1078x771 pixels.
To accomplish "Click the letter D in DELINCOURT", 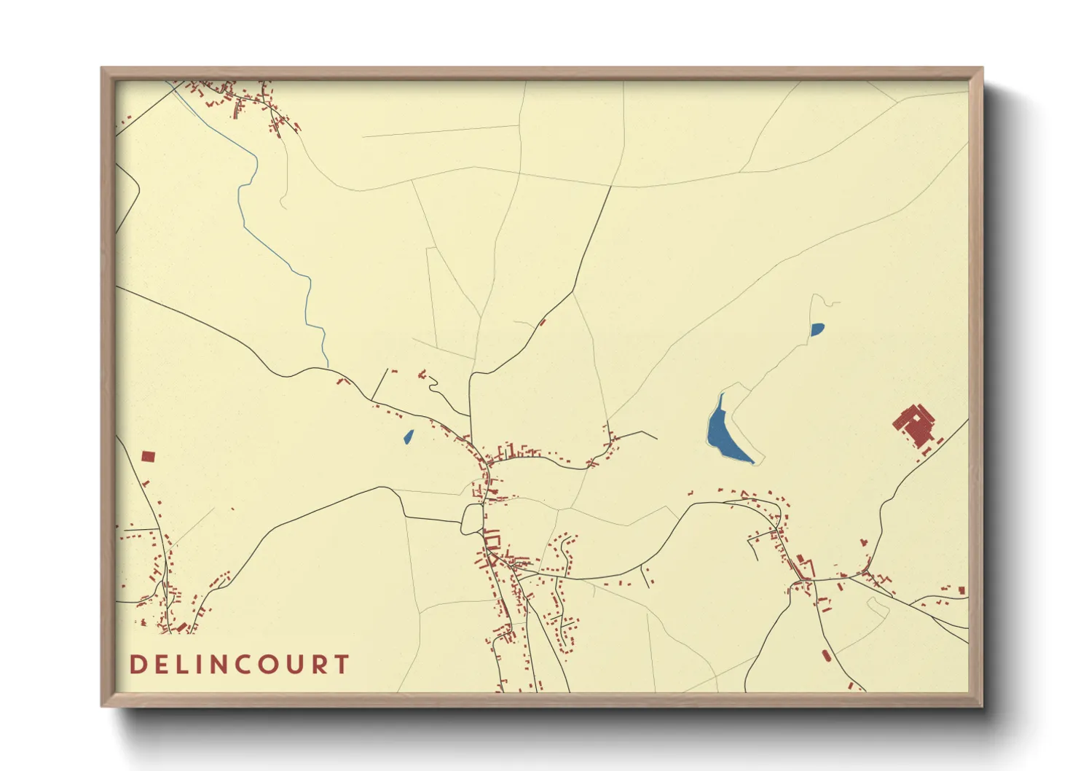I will click(137, 665).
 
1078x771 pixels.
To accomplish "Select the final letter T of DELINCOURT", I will click(341, 665).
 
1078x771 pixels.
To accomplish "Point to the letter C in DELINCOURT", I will click(241, 665).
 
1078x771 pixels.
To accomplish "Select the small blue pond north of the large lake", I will click(817, 329).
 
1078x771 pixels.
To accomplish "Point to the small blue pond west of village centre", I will click(409, 437).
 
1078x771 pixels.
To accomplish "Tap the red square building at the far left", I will click(148, 457).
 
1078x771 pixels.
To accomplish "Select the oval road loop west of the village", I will click(471, 519).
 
